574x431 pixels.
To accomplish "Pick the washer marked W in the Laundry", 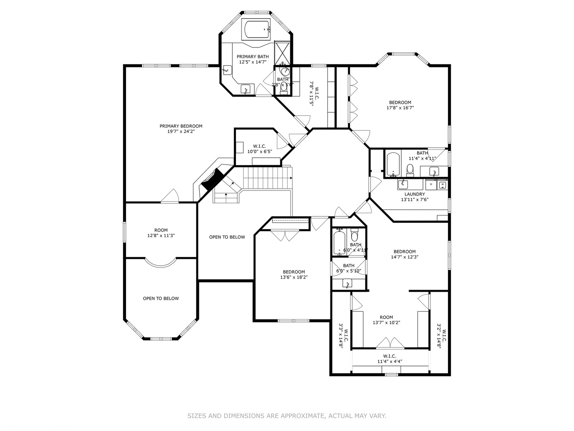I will [x=442, y=185].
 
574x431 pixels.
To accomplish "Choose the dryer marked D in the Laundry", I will [x=431, y=185].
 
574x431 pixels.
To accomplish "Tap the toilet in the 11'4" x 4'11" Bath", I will [x=410, y=170].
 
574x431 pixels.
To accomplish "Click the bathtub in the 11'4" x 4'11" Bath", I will [x=393, y=164].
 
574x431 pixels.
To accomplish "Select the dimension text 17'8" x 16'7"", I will [x=400, y=108].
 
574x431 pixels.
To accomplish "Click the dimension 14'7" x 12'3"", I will [x=405, y=257].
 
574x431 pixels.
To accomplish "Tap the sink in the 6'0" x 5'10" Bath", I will [x=348, y=284].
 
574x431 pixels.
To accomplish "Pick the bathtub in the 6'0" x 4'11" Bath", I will [x=339, y=243].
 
